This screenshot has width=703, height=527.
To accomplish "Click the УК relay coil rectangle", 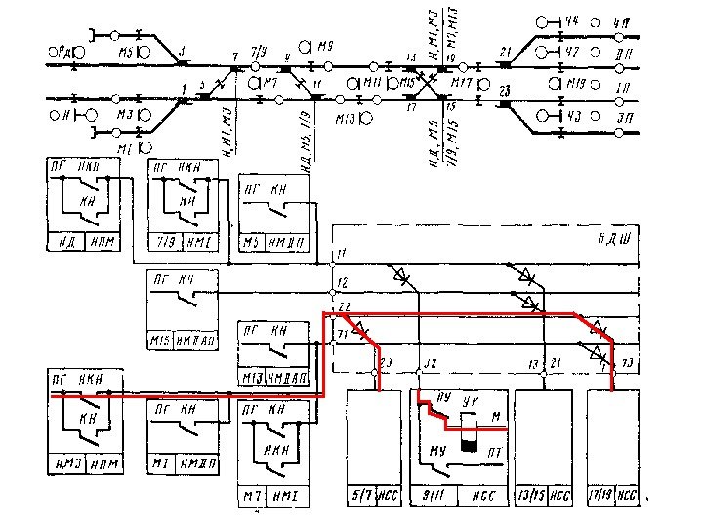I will pos(471,426).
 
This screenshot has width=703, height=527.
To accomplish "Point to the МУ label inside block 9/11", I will pos(437,452).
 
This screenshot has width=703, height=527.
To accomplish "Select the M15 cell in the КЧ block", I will pos(160,340).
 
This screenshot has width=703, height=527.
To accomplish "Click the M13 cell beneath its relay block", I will pos(252,378).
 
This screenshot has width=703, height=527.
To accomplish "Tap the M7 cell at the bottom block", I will pos(253,497).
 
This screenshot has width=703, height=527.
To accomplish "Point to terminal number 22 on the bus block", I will pos(343,307).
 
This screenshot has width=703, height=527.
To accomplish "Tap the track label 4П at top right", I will pos(621,20).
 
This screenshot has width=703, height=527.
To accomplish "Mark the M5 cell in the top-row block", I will pos(252,240).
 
